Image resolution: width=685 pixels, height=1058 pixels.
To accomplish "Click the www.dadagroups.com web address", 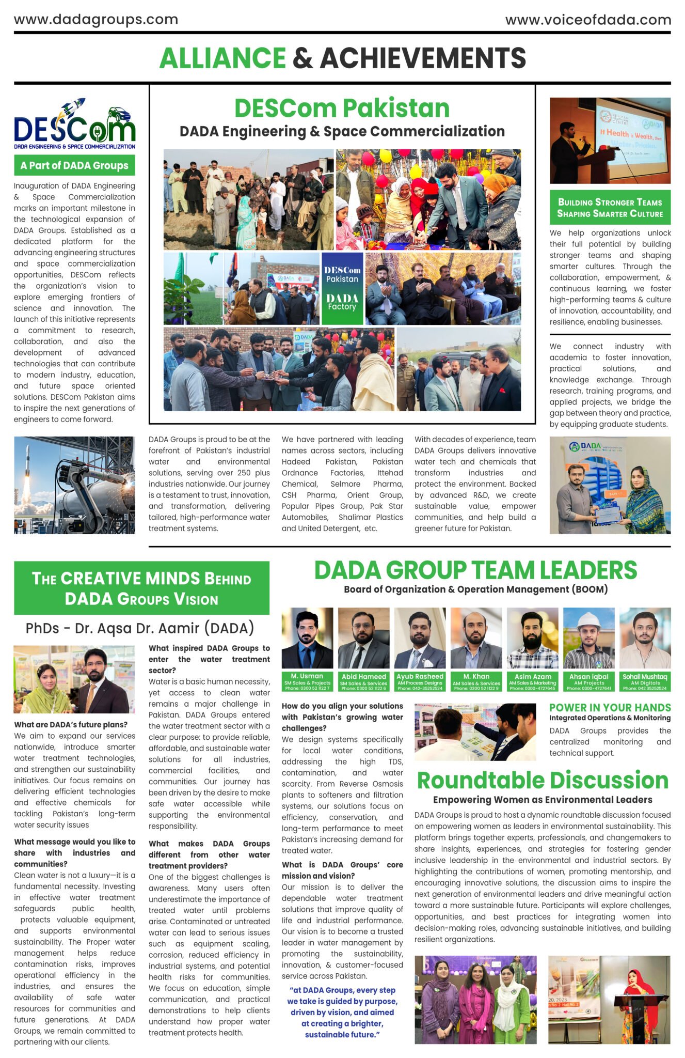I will pos(96,20).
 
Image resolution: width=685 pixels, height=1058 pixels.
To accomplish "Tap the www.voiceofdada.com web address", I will pos(588,20).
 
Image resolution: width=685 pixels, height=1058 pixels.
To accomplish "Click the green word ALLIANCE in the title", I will pos(222,58).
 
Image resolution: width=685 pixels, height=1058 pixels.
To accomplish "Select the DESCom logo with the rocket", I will pos(74,124).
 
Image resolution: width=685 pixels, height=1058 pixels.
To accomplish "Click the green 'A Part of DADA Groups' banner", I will pos(74,166).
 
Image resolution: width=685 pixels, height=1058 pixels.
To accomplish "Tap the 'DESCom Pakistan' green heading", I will pos(342,108).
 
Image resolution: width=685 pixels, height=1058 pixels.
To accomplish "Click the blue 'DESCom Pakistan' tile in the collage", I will pos(342,274).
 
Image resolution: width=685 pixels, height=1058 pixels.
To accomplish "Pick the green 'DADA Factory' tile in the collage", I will pos(342,303).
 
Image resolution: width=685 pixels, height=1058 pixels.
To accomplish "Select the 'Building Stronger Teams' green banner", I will pos(610,208).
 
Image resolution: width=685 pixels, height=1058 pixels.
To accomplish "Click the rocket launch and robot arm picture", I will pos(74,485).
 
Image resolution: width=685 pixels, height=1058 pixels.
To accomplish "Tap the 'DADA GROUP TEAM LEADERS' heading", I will pos(475,570).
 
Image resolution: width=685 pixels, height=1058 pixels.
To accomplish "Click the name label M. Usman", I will pos(307,676).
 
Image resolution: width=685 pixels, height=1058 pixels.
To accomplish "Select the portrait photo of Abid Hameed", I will pos(363,638).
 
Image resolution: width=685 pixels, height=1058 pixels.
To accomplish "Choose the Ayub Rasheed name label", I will pos(420,676).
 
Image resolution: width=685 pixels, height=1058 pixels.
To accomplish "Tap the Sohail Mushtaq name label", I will pos(645,676).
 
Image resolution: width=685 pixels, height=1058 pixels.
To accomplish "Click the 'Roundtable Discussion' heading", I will pos(543,780).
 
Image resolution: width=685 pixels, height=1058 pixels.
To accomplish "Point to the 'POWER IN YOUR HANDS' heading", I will pos(610,708).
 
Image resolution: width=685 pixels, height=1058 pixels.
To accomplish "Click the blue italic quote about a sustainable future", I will pos(342,1012).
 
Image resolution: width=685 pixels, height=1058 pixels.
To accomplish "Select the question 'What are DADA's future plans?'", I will pos(71,725).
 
